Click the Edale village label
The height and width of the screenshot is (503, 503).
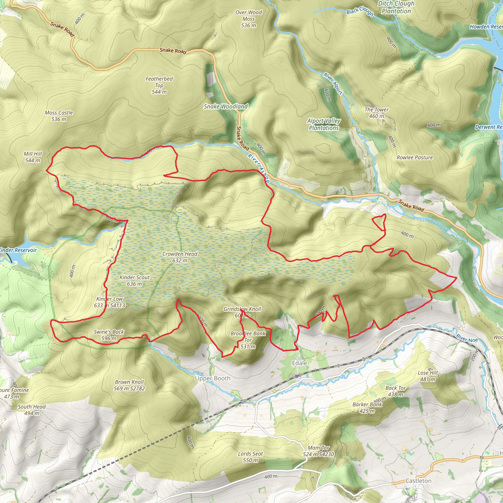point(299,363)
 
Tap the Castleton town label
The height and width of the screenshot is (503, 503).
point(418,481)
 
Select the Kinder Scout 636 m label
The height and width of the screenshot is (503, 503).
point(134,281)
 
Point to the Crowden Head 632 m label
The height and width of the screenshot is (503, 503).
point(180,257)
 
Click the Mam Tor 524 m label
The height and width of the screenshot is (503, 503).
point(318,451)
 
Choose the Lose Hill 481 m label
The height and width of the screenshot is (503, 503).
point(428,376)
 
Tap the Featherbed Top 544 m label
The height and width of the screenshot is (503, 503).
point(159,85)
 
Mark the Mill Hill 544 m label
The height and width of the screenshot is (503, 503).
point(33,157)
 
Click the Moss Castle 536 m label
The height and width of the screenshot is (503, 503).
point(59,116)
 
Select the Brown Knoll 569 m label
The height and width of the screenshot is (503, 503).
point(129,385)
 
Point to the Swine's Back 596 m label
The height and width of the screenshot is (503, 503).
point(109,335)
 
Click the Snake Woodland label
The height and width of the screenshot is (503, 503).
point(225,106)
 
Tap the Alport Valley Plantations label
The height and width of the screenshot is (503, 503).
point(324,124)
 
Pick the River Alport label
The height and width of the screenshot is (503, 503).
point(333,84)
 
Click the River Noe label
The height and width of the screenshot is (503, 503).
point(467,338)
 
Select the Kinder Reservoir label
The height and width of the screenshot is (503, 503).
point(18,250)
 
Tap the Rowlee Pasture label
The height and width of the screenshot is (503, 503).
point(415,157)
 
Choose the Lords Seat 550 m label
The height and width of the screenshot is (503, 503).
point(250,457)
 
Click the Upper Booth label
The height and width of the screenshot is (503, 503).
point(213,378)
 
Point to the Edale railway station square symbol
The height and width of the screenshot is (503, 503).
point(296,376)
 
